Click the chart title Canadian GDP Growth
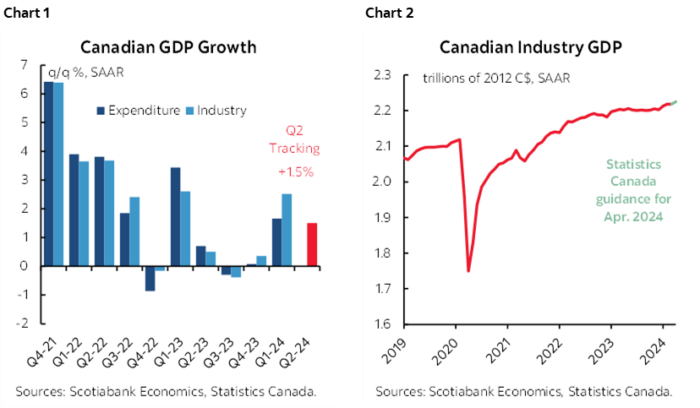click(167, 46)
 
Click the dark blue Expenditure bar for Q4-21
click(48, 173)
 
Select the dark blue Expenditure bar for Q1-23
click(175, 216)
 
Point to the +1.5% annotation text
click(295, 171)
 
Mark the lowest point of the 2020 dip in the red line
click(468, 271)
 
